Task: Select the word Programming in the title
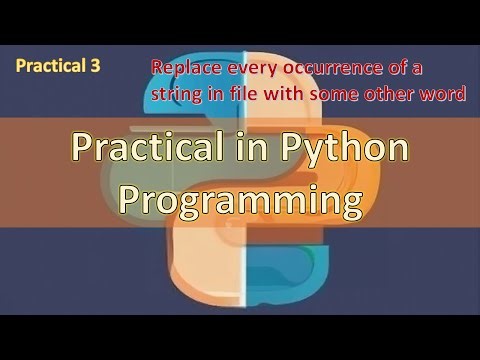(239, 199)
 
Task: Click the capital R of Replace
(157, 69)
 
